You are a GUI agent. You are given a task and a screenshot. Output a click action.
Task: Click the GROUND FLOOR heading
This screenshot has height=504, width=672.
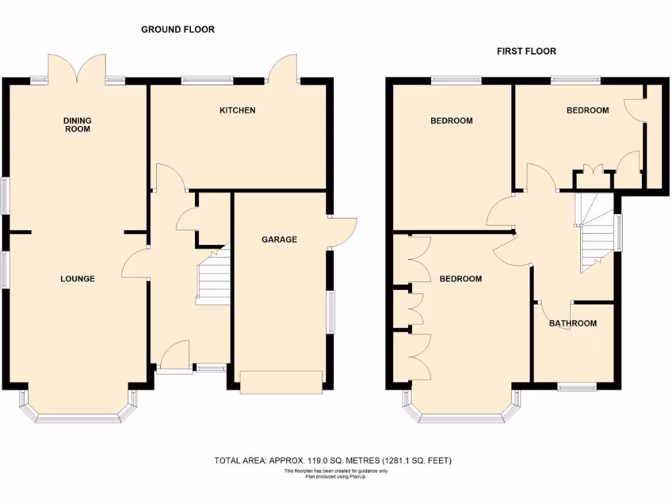(x=178, y=30)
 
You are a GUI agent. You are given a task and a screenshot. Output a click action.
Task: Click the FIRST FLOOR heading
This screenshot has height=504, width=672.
(x=526, y=51)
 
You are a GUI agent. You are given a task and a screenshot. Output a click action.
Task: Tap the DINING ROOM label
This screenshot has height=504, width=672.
(x=77, y=125)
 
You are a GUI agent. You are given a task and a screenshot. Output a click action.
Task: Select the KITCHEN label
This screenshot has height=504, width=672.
(x=237, y=110)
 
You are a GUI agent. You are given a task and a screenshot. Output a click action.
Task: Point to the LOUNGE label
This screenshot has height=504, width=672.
(x=77, y=278)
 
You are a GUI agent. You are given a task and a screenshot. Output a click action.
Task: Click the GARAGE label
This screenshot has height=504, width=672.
(x=279, y=240)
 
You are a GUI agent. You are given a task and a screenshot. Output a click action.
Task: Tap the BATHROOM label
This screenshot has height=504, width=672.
(x=573, y=323)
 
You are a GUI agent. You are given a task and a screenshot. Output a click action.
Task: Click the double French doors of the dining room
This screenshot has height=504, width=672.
(x=78, y=68)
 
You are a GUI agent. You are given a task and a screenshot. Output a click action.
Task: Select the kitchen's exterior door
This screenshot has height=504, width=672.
(x=283, y=68)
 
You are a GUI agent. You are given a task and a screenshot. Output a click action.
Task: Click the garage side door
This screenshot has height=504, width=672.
(x=342, y=232)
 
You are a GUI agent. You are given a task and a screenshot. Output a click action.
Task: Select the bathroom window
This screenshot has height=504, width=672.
(x=577, y=387)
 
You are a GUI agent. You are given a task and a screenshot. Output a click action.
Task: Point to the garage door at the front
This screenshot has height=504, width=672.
(x=282, y=382)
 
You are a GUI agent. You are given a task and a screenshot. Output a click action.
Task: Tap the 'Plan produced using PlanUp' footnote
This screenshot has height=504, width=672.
(x=336, y=476)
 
